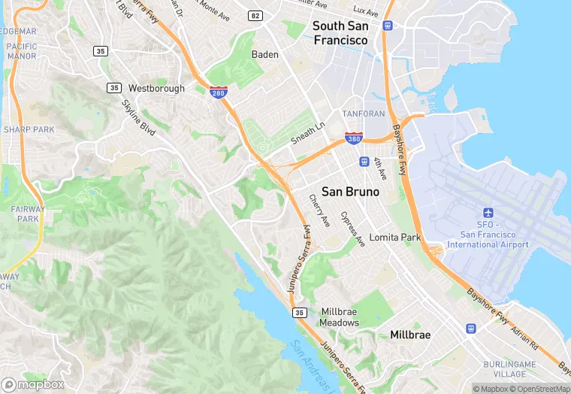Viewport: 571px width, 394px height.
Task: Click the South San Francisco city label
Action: [x=340, y=32]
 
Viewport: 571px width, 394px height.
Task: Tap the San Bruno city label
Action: [x=350, y=192]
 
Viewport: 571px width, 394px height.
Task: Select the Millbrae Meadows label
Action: [x=340, y=317]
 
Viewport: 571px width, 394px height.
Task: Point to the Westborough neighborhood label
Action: [x=156, y=88]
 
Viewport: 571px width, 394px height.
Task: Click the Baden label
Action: [x=264, y=54]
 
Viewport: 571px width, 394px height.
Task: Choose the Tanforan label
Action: [x=364, y=114]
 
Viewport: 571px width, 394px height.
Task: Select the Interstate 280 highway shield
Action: [x=219, y=92]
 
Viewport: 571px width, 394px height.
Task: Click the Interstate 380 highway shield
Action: [x=354, y=139]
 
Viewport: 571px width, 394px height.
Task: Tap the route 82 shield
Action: [x=256, y=15]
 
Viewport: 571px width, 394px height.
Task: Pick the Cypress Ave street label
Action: [x=352, y=229]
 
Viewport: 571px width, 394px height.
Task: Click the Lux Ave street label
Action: [x=366, y=12]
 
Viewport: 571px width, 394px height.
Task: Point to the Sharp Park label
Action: [x=29, y=129]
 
